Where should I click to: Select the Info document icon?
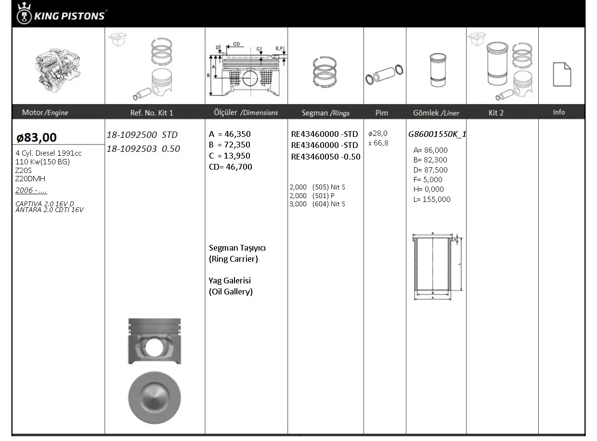562,74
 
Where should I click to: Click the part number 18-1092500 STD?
142,134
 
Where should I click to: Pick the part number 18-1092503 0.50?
143,148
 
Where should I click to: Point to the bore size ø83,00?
36,137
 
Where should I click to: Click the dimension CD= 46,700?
231,167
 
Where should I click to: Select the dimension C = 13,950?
230,156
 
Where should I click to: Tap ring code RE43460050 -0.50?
325,157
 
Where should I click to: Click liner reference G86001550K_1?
437,134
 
